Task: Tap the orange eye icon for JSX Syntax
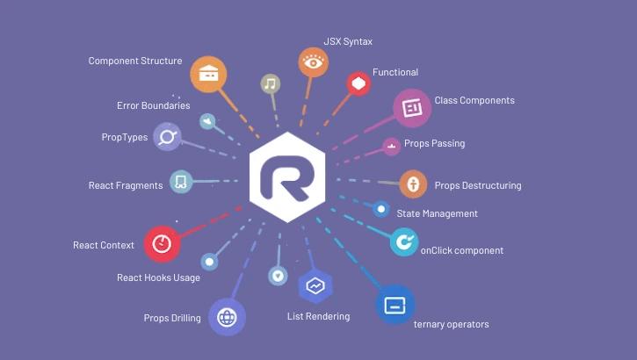pyautogui.click(x=313, y=62)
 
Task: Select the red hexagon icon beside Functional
pyautogui.click(x=358, y=84)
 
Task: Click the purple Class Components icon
pyautogui.click(x=411, y=107)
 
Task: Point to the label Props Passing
pyautogui.click(x=434, y=143)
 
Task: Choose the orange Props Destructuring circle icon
pyautogui.click(x=413, y=184)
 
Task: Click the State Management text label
pyautogui.click(x=437, y=213)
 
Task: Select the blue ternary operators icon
pyautogui.click(x=395, y=306)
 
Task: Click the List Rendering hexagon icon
pyautogui.click(x=314, y=285)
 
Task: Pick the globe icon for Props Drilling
pyautogui.click(x=227, y=317)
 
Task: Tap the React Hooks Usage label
pyautogui.click(x=158, y=277)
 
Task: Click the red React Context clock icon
pyautogui.click(x=162, y=244)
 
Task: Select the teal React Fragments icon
pyautogui.click(x=181, y=183)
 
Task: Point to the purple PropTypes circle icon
pyautogui.click(x=168, y=136)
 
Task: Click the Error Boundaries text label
pyautogui.click(x=153, y=105)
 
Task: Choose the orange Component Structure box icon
pyautogui.click(x=208, y=74)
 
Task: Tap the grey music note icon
pyautogui.click(x=271, y=84)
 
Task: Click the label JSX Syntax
pyautogui.click(x=348, y=42)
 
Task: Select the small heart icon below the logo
pyautogui.click(x=278, y=275)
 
